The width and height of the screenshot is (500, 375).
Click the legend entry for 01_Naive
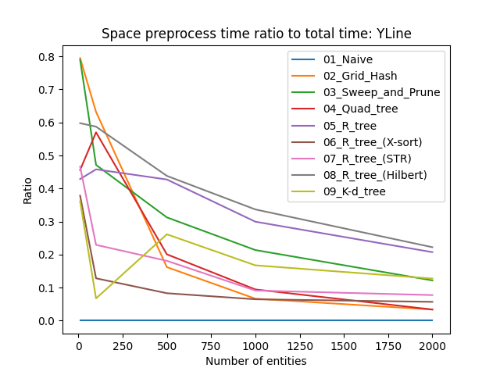coord(348,59)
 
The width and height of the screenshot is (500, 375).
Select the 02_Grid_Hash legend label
coord(360,76)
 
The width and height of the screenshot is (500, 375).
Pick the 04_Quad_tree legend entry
coord(360,109)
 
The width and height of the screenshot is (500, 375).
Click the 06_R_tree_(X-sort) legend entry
coord(373,141)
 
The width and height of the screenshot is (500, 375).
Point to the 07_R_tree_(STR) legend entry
coord(365,158)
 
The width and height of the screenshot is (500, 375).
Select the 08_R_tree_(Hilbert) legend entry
coord(375,174)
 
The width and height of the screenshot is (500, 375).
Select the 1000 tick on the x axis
coord(255,345)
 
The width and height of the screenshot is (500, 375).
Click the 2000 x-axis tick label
coord(433,345)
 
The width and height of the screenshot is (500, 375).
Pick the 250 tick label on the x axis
coord(123,345)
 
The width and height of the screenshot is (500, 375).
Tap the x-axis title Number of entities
coord(255,361)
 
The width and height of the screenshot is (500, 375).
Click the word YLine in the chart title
coord(391,34)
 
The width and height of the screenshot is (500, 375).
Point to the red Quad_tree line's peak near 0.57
coord(95,132)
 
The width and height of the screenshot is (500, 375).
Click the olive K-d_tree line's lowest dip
coord(95,298)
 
